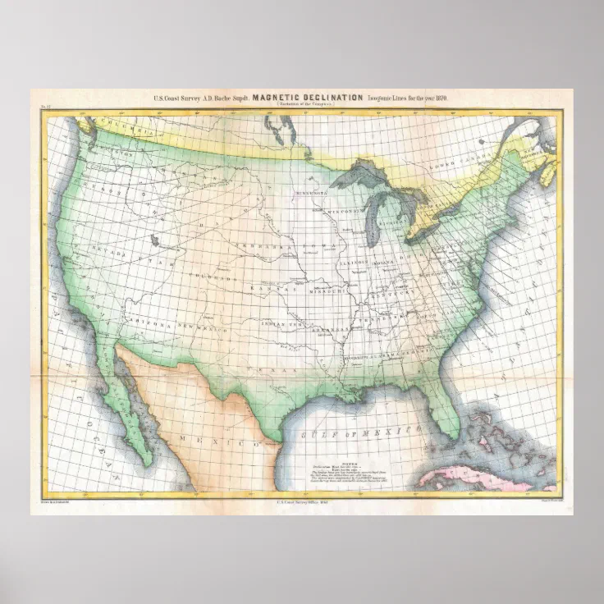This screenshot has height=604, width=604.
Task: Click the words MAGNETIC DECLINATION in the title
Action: [308, 98]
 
